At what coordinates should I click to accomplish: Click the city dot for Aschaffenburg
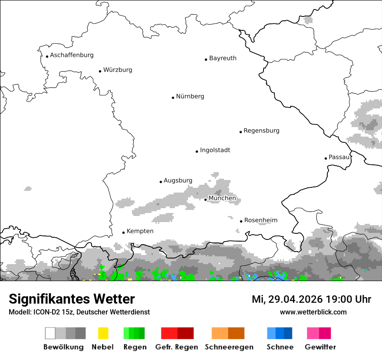point(47,56)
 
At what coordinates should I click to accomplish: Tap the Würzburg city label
point(118,70)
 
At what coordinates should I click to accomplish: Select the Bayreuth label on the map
point(223,58)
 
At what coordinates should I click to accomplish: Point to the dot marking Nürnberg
point(173,98)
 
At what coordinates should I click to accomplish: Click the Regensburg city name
point(261,131)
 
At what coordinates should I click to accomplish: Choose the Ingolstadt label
point(215,150)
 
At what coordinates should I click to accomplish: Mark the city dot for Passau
point(326,158)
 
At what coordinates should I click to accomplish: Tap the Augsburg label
point(178,180)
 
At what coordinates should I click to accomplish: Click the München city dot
point(205,200)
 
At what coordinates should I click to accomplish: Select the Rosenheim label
point(260,220)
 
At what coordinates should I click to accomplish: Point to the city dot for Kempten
point(123,232)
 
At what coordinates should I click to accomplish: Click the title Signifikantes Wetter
point(72,299)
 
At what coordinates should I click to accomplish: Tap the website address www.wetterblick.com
point(313,312)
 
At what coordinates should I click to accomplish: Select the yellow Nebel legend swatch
point(103,333)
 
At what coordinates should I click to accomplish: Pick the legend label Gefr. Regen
point(177,347)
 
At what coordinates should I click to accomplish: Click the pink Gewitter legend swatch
point(319,333)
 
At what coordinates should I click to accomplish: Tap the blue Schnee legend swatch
point(280,333)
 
